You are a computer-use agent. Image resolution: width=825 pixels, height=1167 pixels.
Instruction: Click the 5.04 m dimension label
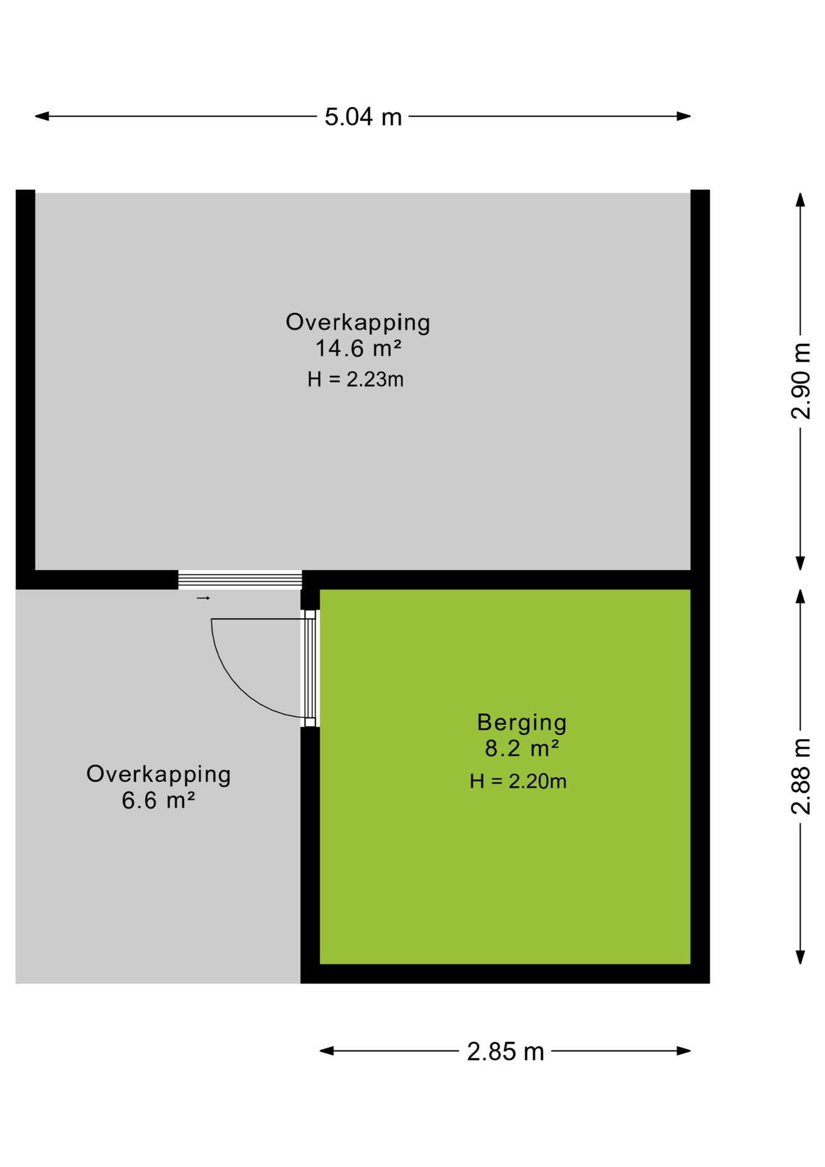point(363,117)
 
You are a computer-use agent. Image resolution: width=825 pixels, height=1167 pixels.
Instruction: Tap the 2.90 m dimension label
point(801,381)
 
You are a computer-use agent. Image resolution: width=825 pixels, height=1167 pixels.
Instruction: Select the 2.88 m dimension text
point(801,776)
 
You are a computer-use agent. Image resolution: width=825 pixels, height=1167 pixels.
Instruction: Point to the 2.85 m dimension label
point(505,1052)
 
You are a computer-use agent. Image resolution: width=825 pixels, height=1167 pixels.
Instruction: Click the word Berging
point(522,723)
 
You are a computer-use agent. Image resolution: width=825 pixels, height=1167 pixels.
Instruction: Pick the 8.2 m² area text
point(522,748)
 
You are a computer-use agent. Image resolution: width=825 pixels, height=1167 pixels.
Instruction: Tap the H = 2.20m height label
point(518,781)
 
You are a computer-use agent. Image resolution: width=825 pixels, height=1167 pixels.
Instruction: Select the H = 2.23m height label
point(355,379)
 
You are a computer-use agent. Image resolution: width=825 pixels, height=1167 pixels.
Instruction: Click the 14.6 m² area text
point(358,348)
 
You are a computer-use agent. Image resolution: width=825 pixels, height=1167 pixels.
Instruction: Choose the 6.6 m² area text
point(158,800)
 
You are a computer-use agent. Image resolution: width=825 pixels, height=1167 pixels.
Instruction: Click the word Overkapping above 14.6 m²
point(358,323)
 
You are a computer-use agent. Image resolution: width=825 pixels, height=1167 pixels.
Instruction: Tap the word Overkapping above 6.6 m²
point(159,775)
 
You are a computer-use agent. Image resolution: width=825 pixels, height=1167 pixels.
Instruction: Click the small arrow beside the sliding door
point(203,599)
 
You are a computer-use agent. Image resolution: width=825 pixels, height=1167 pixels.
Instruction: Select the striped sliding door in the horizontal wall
point(240,580)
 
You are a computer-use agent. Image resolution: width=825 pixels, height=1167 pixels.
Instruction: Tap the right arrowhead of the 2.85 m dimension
point(684,1051)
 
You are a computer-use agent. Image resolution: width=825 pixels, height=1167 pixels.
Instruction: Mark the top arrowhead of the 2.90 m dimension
point(801,200)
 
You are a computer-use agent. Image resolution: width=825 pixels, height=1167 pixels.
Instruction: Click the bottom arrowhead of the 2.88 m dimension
point(801,957)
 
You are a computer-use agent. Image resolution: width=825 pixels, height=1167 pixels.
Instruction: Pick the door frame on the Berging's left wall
point(310,669)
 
